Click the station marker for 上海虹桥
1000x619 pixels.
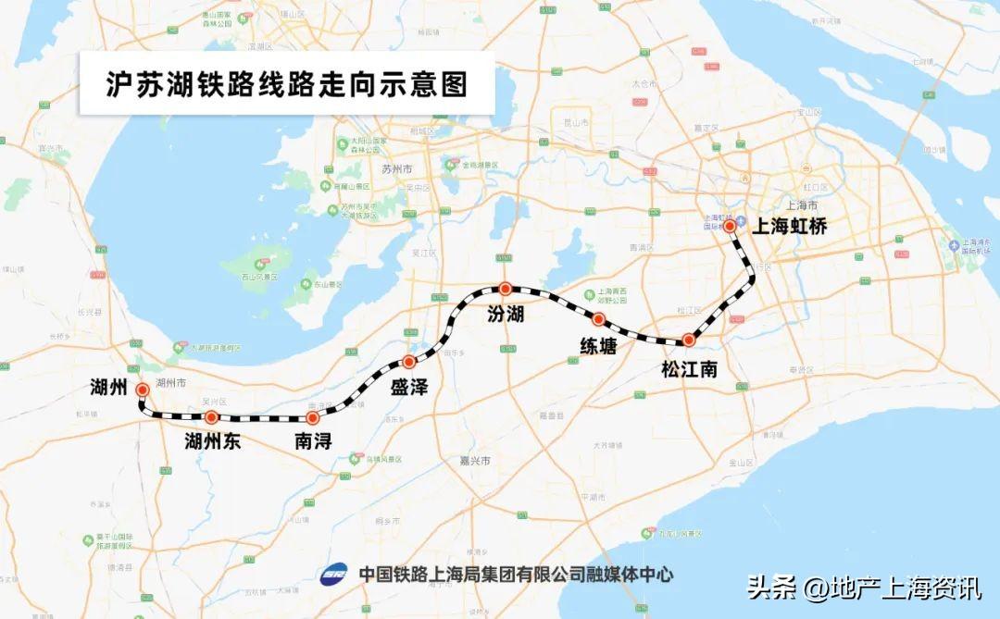coord(730,225)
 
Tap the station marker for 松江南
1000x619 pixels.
coord(688,340)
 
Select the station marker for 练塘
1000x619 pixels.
coord(599,319)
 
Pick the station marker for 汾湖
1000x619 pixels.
coord(505,289)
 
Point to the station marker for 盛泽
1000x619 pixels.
coord(408,361)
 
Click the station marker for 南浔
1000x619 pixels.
coord(312,418)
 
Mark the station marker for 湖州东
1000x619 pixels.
coord(211,417)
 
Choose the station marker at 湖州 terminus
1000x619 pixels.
coord(143,390)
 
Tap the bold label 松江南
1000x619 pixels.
coord(690,369)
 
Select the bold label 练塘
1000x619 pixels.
coord(599,346)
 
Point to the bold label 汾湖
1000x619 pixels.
coord(506,315)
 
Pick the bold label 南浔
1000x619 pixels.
coord(313,441)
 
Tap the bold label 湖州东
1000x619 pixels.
coord(213,441)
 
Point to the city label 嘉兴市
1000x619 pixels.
coord(478,460)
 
